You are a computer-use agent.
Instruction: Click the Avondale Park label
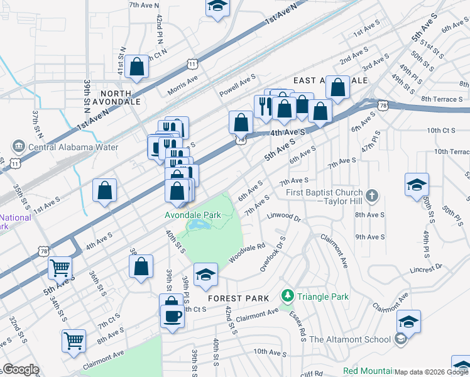tap(192, 215)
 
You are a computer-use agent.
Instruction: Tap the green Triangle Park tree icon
tap(287, 295)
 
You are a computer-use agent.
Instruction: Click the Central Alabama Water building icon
tap(18, 147)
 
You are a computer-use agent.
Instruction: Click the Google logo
tap(21, 369)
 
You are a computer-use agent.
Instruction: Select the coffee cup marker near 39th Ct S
tap(172, 315)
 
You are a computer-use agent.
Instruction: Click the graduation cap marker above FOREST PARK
tap(205, 275)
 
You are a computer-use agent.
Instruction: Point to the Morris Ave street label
tap(182, 86)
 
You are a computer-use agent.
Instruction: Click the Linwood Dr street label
tap(284, 219)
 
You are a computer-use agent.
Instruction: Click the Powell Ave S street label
tap(238, 85)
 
